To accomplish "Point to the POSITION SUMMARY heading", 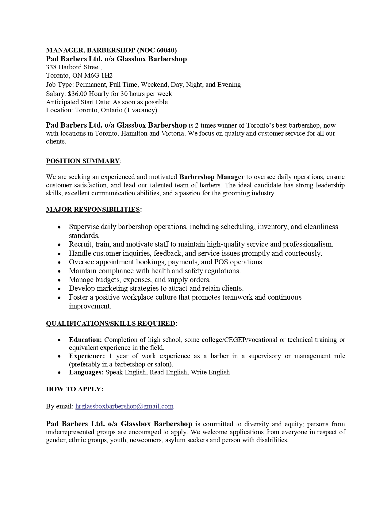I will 83,161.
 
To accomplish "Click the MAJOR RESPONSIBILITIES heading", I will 93,209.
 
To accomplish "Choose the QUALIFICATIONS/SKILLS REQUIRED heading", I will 111,324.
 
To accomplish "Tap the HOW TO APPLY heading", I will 75,389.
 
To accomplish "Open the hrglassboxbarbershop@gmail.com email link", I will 124,406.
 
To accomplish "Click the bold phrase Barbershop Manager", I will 212,177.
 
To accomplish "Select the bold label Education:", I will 85,340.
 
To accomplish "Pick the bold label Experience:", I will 87,356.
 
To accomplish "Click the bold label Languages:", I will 86,372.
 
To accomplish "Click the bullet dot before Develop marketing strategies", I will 59,289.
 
